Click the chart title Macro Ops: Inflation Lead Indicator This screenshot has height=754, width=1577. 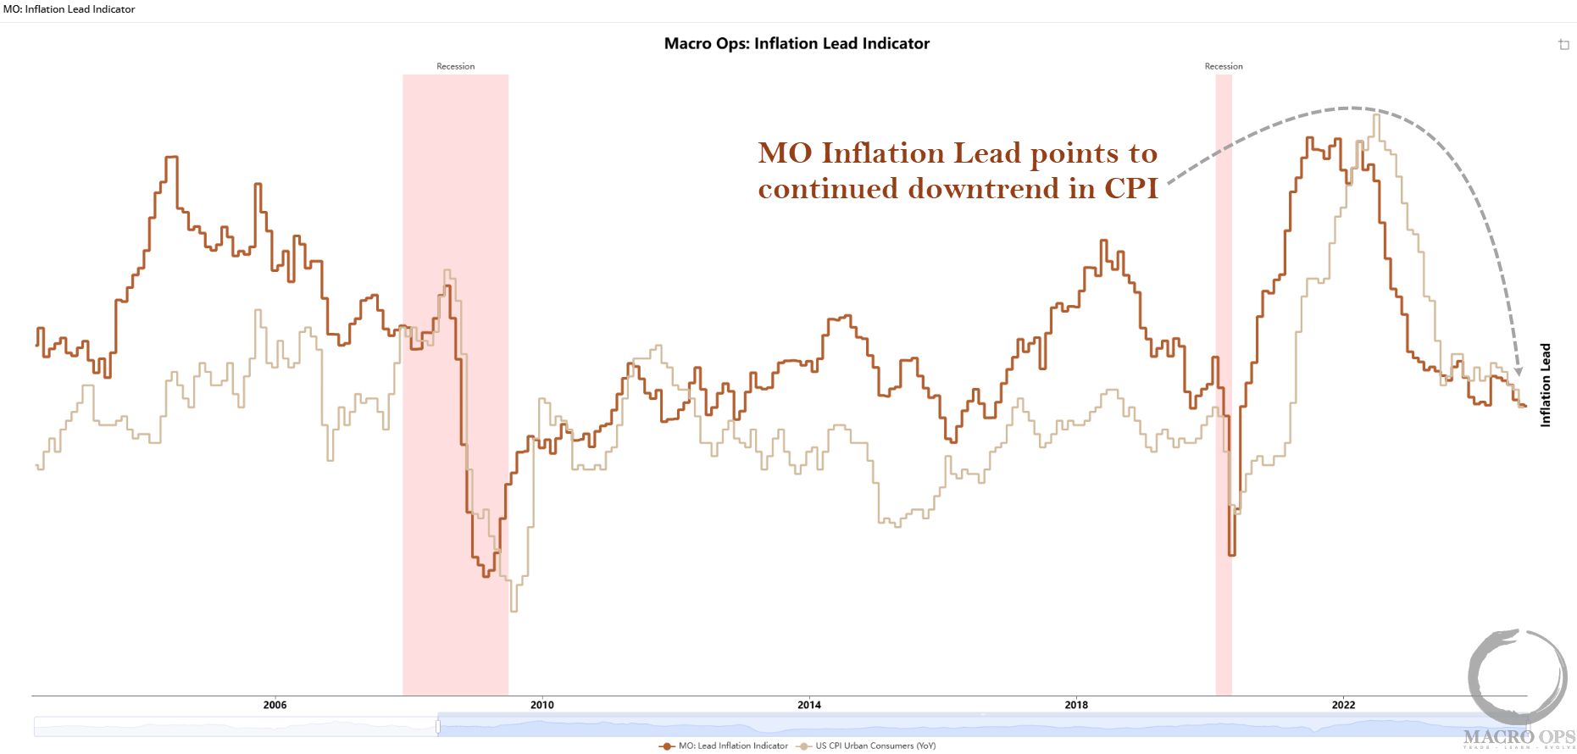797,43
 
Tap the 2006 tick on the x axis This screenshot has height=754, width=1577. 275,705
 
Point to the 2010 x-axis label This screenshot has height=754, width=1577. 542,705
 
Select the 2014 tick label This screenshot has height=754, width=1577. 809,705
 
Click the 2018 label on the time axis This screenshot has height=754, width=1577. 1076,705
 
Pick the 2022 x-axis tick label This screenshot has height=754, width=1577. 1343,705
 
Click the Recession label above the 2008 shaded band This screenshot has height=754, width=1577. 455,66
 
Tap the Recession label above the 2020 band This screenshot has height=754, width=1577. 1224,66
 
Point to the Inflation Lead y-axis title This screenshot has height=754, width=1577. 1545,385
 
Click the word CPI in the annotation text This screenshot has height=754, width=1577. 1130,188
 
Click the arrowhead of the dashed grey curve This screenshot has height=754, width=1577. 1519,371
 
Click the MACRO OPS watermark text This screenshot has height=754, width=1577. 1519,737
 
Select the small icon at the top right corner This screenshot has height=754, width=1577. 1563,44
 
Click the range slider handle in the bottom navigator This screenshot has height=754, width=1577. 438,727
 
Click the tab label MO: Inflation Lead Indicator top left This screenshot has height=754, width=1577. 69,9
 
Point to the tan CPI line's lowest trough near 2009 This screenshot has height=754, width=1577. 514,609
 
